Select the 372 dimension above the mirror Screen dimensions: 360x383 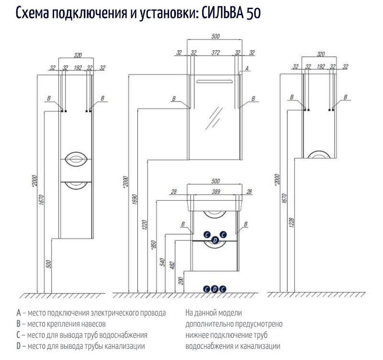(215, 53)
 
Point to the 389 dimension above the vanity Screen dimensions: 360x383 (215, 191)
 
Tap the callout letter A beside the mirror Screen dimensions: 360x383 (247, 69)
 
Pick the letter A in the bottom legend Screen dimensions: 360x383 (18, 313)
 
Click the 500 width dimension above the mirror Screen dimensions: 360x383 (215, 36)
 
